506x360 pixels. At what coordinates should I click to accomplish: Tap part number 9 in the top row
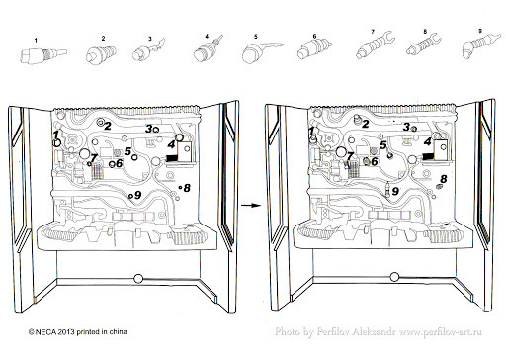[481, 46]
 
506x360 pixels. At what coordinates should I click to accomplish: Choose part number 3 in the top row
[148, 50]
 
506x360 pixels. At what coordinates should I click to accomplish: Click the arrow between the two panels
[250, 205]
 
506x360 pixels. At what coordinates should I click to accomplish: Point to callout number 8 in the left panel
[187, 188]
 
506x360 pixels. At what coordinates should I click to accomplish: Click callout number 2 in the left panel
[108, 126]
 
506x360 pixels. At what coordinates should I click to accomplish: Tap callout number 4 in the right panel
[428, 142]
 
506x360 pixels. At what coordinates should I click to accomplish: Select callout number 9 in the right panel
[395, 191]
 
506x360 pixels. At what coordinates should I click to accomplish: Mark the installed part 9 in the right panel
[388, 189]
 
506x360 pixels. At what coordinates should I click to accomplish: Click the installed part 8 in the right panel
[439, 187]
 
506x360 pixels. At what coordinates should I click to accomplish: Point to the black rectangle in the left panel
[172, 158]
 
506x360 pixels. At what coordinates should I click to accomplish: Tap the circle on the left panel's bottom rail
[138, 279]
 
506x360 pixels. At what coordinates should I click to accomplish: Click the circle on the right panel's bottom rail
[394, 277]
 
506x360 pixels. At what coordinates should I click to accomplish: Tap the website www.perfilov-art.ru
[441, 332]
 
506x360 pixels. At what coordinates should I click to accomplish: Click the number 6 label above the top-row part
[314, 36]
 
